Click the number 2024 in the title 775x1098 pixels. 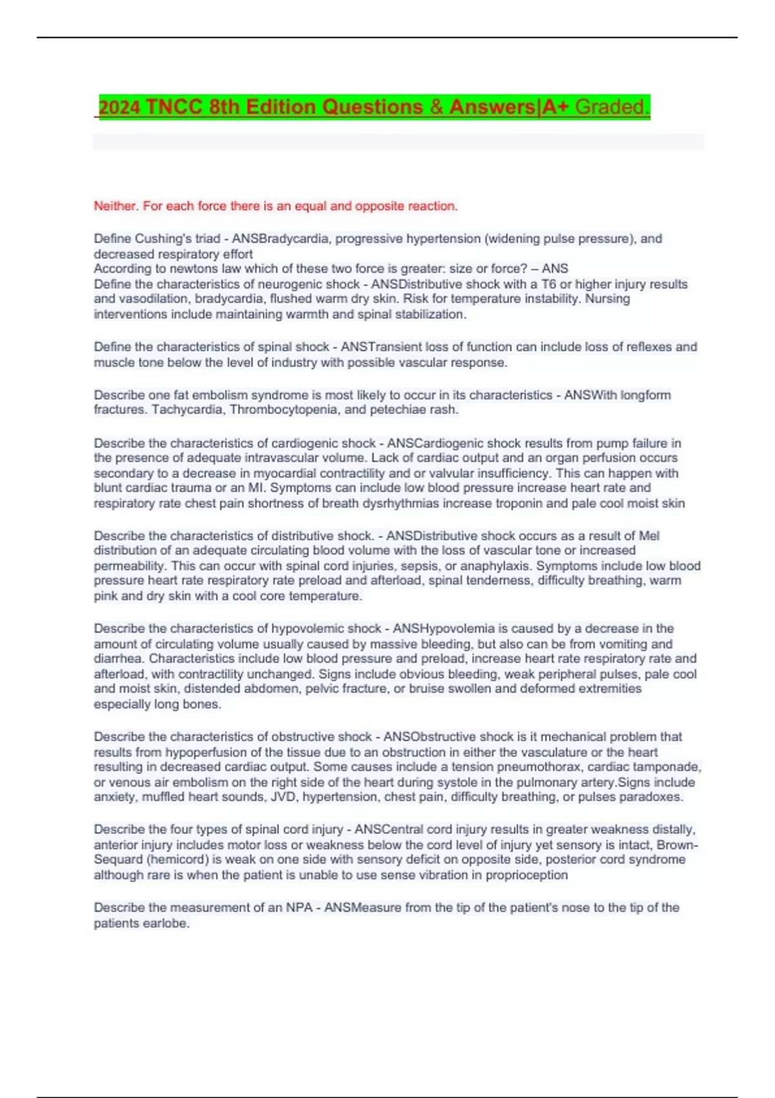point(119,107)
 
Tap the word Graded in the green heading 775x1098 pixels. point(610,107)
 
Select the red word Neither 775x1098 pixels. point(116,206)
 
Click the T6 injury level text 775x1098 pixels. point(549,284)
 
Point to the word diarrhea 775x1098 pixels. point(119,659)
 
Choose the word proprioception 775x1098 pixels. point(526,875)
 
